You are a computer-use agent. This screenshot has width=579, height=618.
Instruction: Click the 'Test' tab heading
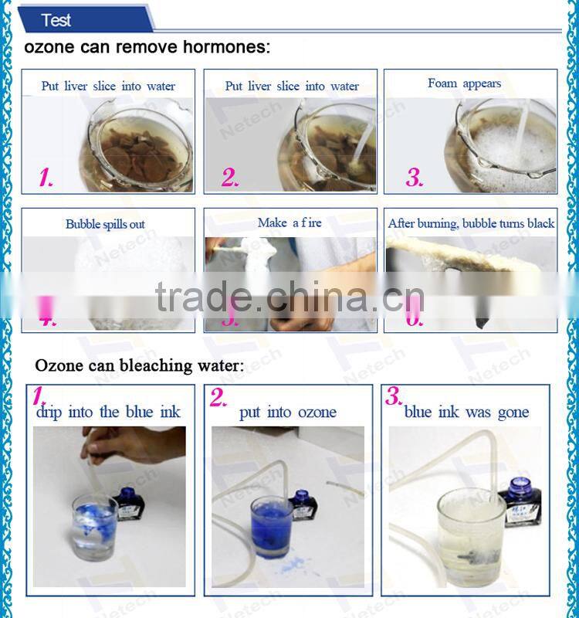coord(56,19)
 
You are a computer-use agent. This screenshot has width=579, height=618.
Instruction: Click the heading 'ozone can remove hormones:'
coord(147,47)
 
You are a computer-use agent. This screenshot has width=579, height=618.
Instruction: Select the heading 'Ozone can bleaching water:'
coord(140,365)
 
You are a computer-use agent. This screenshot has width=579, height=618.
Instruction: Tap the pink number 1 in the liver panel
coord(46,178)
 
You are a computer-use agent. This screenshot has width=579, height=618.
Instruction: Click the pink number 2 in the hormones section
coord(230,178)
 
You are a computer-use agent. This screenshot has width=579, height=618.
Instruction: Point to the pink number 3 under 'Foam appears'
coord(415,178)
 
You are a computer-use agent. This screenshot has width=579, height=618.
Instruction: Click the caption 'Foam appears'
coord(464,83)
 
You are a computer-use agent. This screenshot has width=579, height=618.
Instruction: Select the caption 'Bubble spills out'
coord(105,224)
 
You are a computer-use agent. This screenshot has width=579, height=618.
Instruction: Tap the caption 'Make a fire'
coord(289,222)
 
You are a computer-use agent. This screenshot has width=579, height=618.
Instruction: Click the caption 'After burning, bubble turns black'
coord(471,223)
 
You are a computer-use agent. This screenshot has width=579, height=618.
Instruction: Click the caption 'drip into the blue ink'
coord(108,412)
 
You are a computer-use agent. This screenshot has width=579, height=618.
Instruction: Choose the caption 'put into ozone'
coord(288,412)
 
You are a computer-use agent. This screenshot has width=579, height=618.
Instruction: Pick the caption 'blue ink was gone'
coord(466,412)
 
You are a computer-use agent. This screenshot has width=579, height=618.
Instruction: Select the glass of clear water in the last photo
coord(471,525)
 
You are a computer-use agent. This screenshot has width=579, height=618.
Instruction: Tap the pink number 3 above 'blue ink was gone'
coord(394,397)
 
